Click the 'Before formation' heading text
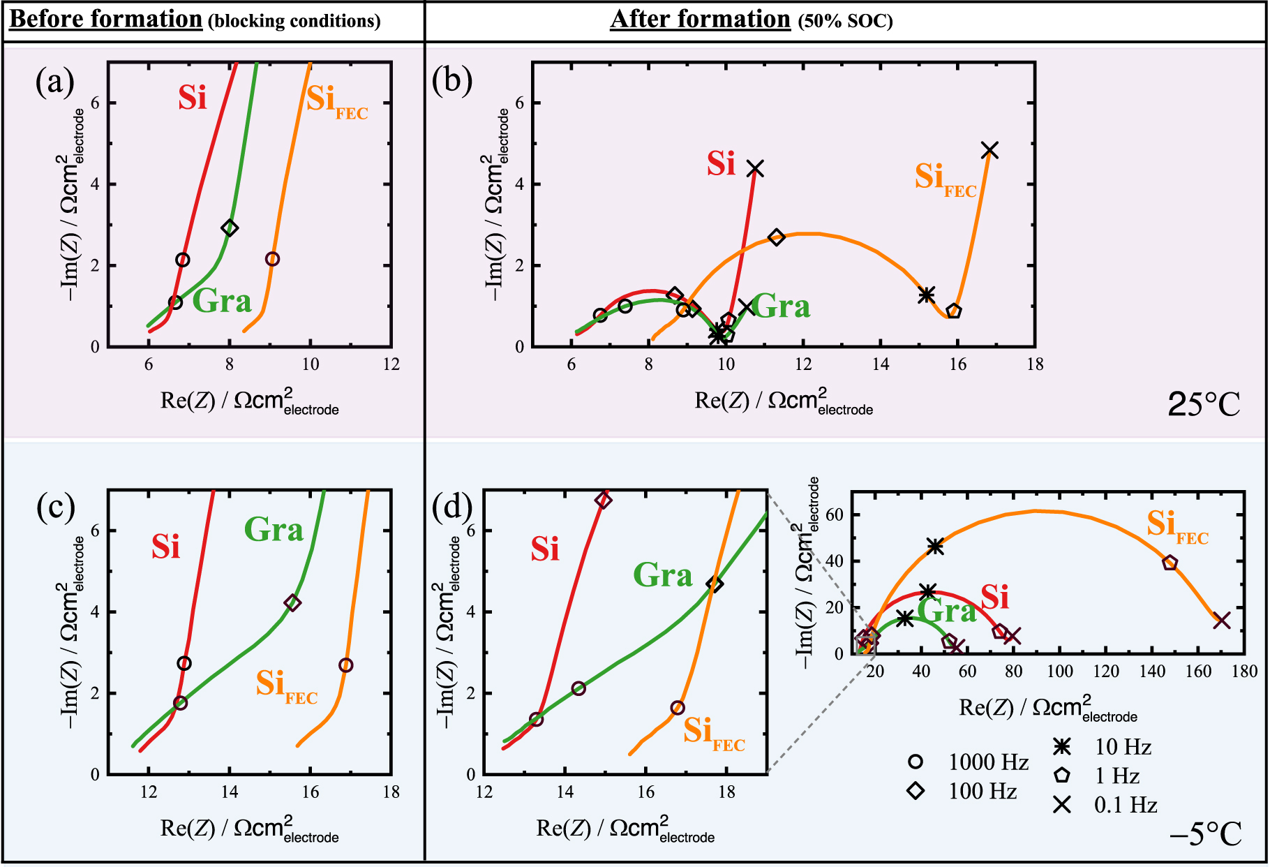106,19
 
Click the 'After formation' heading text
700,19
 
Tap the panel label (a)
54,82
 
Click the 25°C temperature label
1204,404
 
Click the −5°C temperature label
1205,833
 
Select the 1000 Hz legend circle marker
916,762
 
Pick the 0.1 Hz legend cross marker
1062,805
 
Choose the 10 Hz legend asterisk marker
1062,747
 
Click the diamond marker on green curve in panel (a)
230,228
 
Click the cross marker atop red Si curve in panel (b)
755,168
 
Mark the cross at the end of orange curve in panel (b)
989,150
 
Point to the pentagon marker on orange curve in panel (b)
954,311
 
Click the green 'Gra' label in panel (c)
274,530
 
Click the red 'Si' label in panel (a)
192,98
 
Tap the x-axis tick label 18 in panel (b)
1035,364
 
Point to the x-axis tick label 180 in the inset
1245,672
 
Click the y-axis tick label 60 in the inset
835,515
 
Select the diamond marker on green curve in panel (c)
292,603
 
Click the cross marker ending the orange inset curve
1221,620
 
